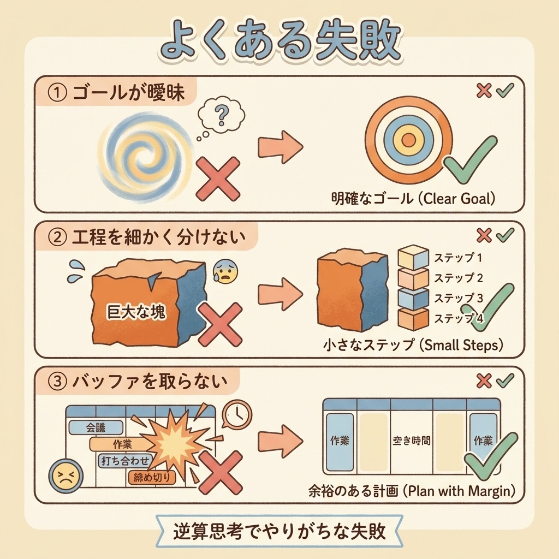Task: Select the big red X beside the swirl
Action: (218, 178)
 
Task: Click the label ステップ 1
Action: (458, 258)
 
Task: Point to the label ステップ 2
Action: (458, 278)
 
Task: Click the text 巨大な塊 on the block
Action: (136, 312)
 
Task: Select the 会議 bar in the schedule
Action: (96, 427)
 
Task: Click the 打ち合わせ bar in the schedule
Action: (125, 461)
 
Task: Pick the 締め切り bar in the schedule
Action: (152, 477)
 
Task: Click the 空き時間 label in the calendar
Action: (412, 441)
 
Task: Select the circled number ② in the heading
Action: (57, 237)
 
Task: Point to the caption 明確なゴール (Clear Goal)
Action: (413, 198)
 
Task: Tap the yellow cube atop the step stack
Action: (413, 256)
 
